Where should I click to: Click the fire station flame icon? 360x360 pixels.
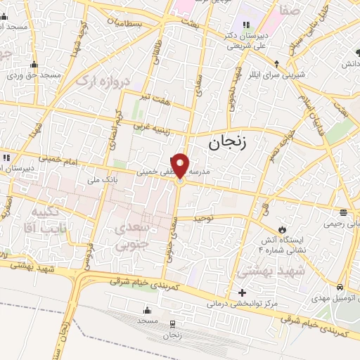[x=283, y=230]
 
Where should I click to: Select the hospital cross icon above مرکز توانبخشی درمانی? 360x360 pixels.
[x=243, y=292]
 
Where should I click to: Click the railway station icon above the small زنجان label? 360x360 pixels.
[x=172, y=324]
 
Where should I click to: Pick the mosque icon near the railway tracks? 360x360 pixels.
[x=148, y=310]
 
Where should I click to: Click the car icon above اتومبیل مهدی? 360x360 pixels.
[x=340, y=287]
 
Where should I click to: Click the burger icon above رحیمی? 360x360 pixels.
[x=343, y=212]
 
